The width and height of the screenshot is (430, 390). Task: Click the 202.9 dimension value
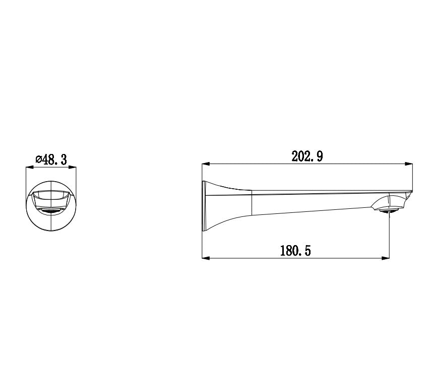pyautogui.click(x=307, y=157)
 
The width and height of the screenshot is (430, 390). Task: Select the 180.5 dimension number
pyautogui.click(x=295, y=251)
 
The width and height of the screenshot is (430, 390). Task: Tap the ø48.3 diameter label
pyautogui.click(x=51, y=160)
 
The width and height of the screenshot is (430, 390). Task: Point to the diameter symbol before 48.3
pyautogui.click(x=38, y=160)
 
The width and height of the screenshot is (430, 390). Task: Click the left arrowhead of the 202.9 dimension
pyautogui.click(x=205, y=164)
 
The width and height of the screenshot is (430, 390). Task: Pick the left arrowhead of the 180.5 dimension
pyautogui.click(x=205, y=258)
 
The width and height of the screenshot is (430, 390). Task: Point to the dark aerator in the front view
pyautogui.click(x=50, y=211)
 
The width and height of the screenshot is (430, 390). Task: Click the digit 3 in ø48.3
pyautogui.click(x=64, y=160)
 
